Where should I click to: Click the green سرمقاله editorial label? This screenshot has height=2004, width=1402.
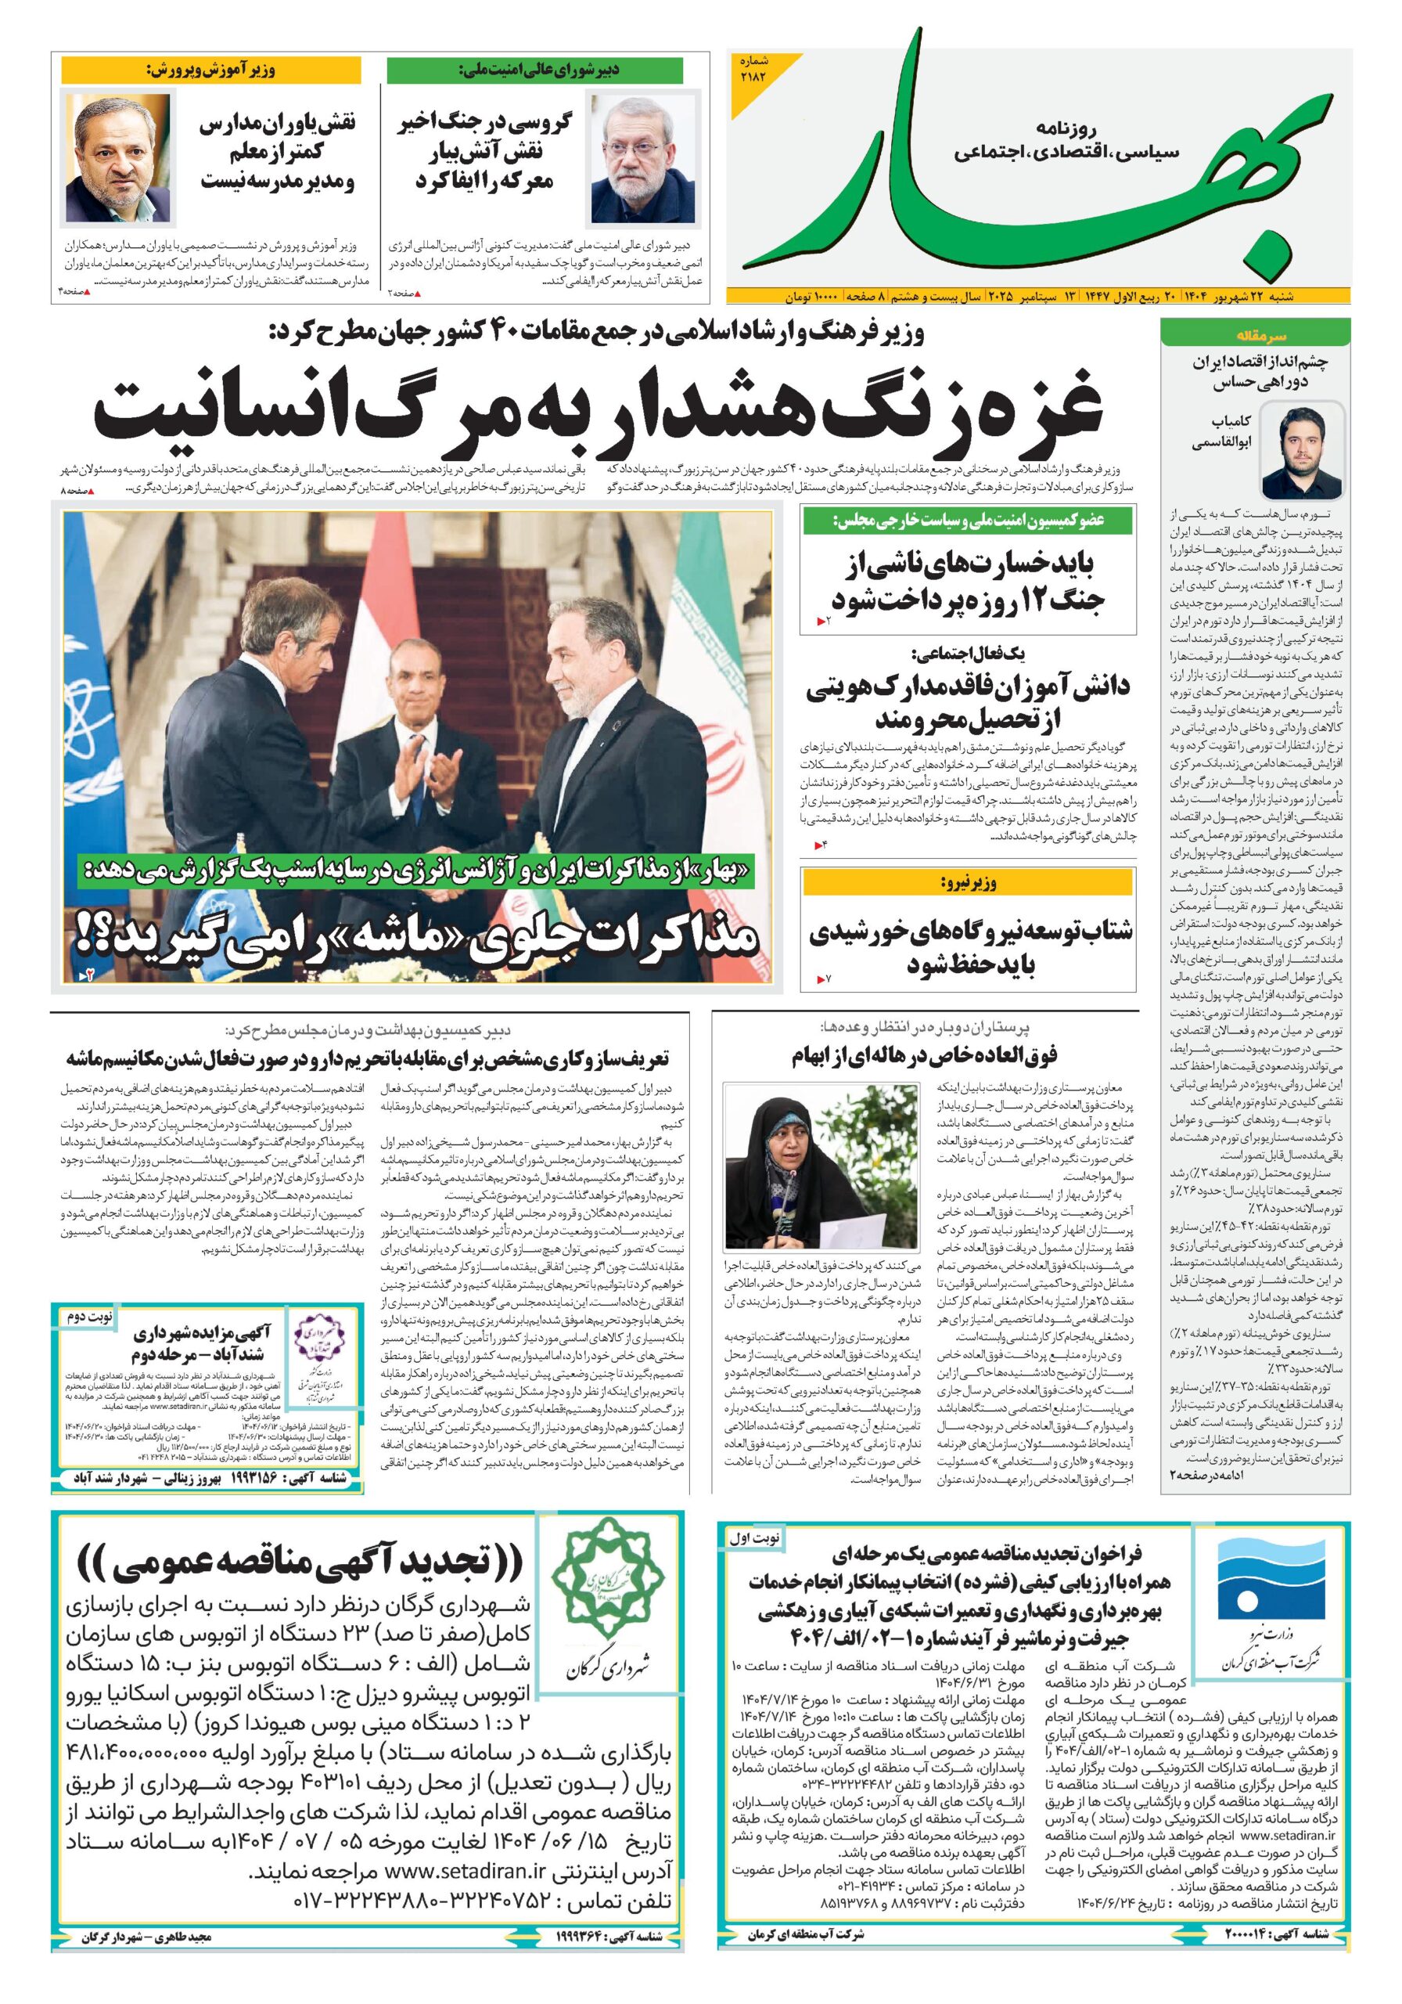(1255, 334)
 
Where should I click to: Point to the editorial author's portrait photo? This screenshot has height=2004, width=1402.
(1302, 450)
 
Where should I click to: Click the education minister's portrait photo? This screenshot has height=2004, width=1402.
(120, 159)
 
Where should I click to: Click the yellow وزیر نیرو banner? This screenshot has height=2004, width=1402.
(969, 882)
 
